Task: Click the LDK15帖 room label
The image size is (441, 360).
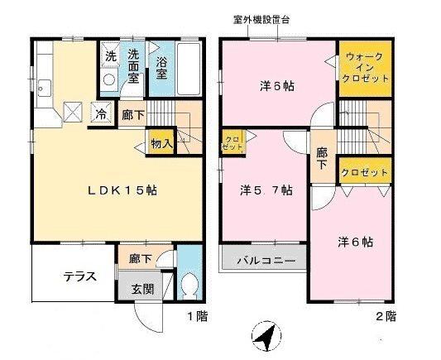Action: tap(123, 190)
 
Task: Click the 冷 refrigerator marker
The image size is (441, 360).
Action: tap(101, 114)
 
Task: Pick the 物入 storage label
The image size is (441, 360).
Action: tap(161, 143)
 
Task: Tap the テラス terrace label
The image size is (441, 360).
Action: tap(82, 276)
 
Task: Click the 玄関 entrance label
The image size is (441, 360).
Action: tap(141, 289)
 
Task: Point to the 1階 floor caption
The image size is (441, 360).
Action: tap(195, 316)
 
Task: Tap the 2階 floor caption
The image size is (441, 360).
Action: tap(385, 316)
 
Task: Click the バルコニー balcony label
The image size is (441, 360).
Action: tap(266, 260)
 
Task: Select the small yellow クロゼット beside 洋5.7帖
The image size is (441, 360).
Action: tap(231, 141)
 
